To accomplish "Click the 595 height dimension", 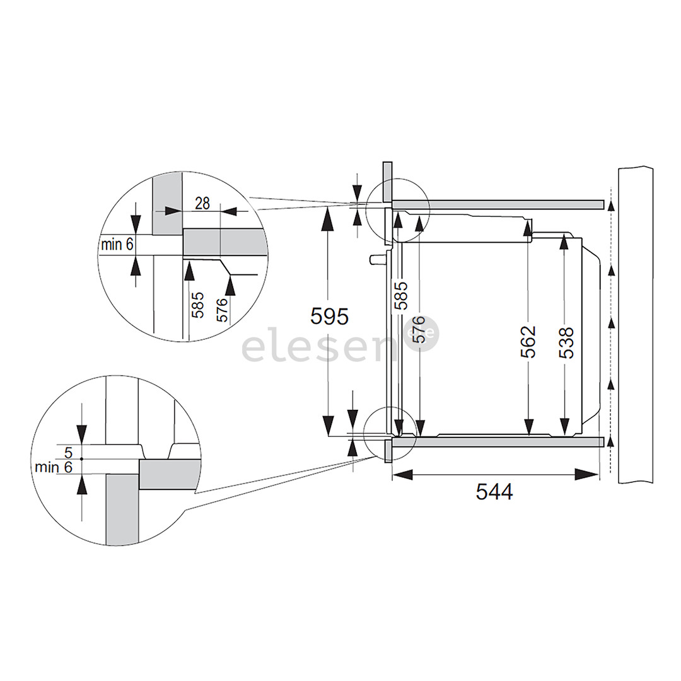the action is coord(330,316).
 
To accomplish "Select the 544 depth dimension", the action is coord(494,492).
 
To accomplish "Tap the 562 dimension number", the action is coord(528,342).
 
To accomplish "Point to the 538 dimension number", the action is coord(566,343).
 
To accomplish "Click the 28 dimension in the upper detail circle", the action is coord(202,203).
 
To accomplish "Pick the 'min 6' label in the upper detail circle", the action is coord(117,245).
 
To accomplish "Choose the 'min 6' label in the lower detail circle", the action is coord(54,467).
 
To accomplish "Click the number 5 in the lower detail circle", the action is coord(68,453).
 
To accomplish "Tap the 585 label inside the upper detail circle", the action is coord(198,305).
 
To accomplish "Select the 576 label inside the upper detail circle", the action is coord(222,310).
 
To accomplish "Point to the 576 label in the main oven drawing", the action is coord(418,330).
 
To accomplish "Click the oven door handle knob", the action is coord(376,259).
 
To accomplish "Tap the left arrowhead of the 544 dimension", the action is coord(402,474).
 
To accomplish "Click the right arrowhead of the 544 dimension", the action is coord(587,474).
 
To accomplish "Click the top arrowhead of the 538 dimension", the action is coord(564,241).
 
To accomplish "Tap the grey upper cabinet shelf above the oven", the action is coord(498,204).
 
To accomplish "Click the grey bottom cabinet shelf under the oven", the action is coord(498,442).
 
